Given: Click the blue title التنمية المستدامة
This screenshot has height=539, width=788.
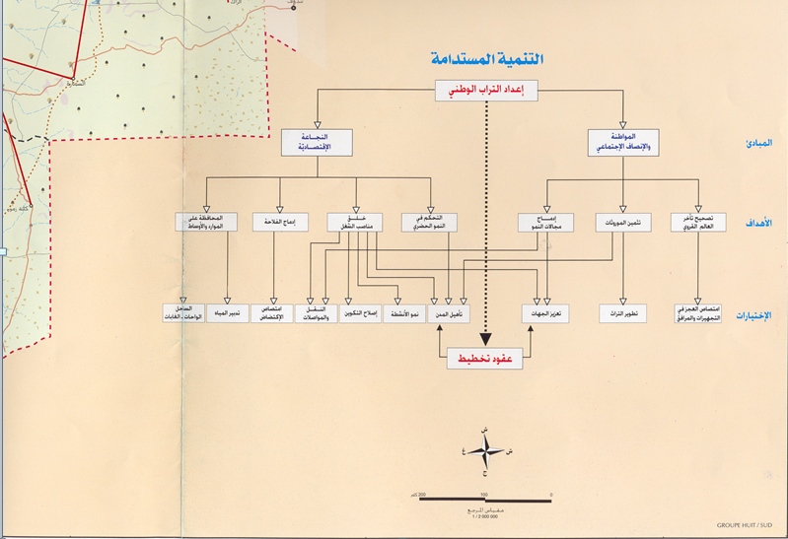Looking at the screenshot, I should (486, 60).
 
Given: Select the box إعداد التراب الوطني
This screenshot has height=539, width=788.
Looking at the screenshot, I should (486, 92).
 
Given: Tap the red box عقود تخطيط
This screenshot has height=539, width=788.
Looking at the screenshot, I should (486, 360).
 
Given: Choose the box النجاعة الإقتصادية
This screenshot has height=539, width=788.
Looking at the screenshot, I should (317, 143).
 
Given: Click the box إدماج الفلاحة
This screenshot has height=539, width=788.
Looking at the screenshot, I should (280, 222).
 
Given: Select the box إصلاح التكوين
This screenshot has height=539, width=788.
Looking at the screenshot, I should (360, 313).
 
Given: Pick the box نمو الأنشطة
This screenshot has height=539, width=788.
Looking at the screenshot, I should (405, 313).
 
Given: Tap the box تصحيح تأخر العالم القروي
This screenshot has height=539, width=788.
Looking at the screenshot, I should (699, 222).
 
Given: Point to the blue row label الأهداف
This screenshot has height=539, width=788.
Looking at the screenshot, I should (757, 223).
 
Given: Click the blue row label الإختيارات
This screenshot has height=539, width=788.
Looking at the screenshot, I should (755, 315).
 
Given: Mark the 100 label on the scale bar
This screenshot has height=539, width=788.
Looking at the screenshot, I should (484, 493).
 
